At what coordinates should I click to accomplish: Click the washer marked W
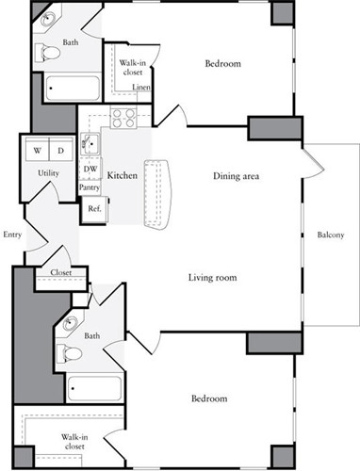point(37,150)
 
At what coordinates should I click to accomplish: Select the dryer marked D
point(61,150)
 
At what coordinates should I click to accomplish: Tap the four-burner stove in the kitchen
point(123,118)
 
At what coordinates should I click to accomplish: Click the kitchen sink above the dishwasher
point(90,144)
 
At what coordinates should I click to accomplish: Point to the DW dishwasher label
point(90,169)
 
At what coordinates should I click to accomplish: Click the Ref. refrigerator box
point(94,209)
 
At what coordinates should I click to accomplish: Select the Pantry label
point(90,187)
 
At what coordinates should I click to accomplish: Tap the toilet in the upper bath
point(47,53)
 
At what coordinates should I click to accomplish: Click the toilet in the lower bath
point(69,353)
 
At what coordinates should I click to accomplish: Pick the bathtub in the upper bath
point(73,89)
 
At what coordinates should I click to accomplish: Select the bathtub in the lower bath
point(94,388)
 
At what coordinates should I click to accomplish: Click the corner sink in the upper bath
point(48,18)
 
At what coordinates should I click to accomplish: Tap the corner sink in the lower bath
point(70,323)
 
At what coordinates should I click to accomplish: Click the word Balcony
point(331,235)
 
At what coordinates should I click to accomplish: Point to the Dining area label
point(237,176)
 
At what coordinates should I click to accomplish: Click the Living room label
point(213,278)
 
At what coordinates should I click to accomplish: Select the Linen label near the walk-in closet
point(141,87)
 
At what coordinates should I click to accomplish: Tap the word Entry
point(12,235)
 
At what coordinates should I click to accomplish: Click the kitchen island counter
point(157,195)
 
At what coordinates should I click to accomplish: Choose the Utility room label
point(48,173)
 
